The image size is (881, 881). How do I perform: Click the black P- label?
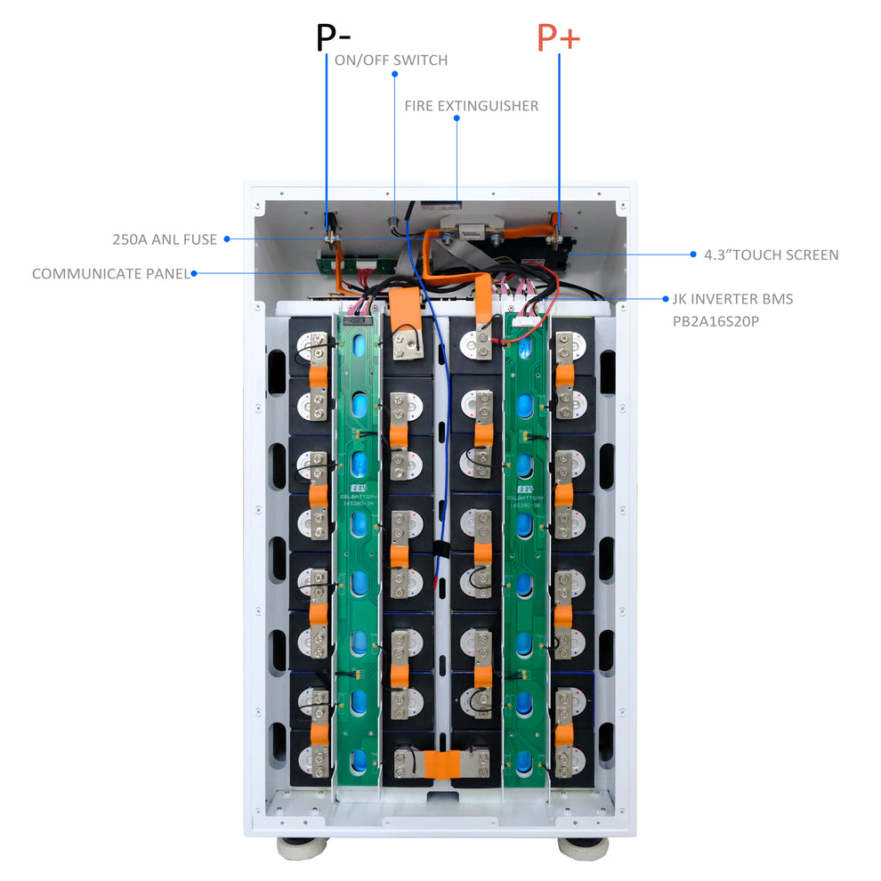(334, 38)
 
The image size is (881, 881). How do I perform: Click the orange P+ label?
(557, 38)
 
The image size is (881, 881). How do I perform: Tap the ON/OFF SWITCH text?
(391, 61)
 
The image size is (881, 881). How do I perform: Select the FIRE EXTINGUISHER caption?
(471, 106)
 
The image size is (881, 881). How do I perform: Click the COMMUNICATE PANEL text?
(111, 274)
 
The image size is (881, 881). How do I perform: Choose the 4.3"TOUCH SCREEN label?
(771, 255)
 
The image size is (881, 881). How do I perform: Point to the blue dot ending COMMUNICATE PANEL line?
(194, 274)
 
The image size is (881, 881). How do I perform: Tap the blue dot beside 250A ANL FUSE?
(226, 238)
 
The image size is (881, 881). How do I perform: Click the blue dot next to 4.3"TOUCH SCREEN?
(693, 255)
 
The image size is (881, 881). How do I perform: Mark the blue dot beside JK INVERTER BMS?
(666, 299)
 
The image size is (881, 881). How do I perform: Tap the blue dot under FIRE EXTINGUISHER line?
(457, 120)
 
